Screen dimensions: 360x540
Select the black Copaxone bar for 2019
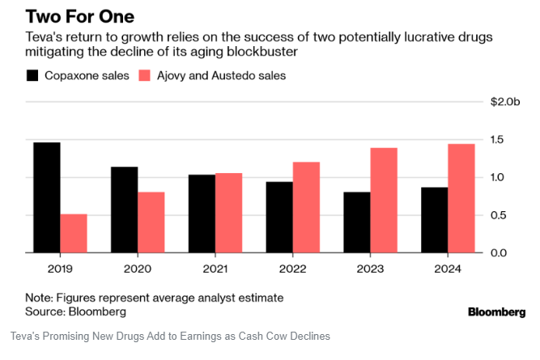click(x=47, y=197)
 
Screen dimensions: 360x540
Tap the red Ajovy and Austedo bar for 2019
click(x=74, y=233)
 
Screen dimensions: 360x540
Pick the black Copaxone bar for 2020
click(x=125, y=210)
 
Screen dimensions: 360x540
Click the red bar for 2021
click(x=229, y=213)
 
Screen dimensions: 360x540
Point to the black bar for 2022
click(x=280, y=217)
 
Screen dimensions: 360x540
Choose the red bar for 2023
click(x=385, y=200)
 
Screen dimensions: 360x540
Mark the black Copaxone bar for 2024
click(x=436, y=220)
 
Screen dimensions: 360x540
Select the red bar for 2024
click(x=462, y=198)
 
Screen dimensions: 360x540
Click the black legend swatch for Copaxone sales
click(x=33, y=75)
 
